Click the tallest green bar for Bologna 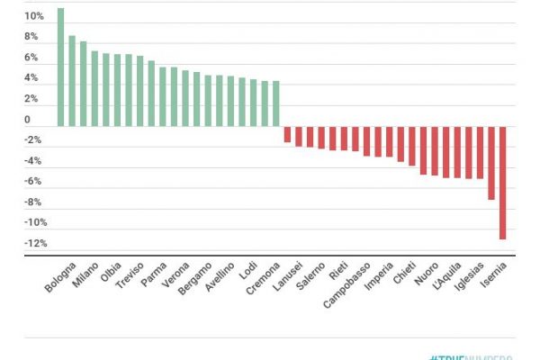click(61, 67)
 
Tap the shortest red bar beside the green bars click(287, 134)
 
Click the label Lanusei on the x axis click(289, 275)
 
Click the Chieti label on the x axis click(405, 273)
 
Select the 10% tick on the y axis click(32, 17)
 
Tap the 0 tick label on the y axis click(27, 120)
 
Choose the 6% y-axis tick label click(32, 58)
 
